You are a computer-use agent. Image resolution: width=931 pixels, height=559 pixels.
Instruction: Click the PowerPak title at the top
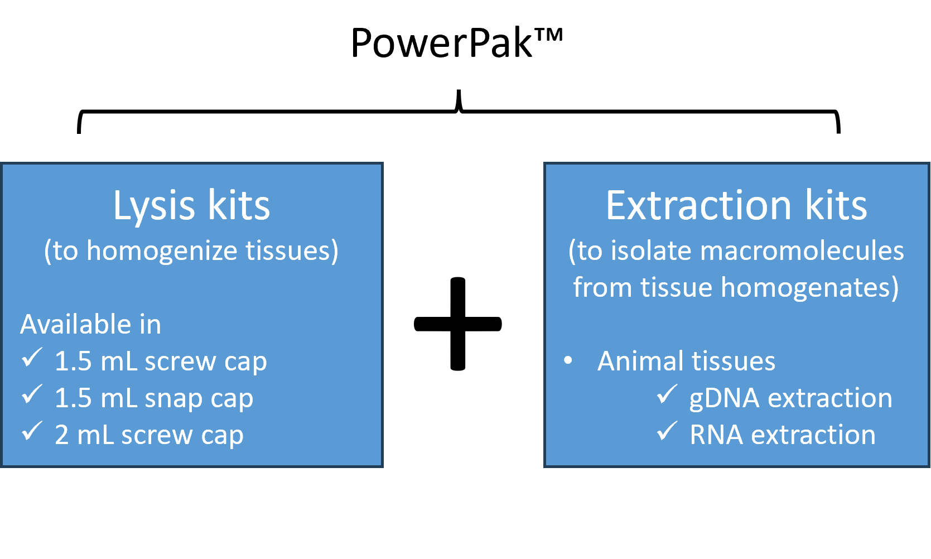point(457,42)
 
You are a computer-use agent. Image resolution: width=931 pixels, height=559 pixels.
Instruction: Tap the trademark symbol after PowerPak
point(548,35)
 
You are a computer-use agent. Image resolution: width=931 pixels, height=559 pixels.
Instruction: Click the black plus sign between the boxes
point(457,324)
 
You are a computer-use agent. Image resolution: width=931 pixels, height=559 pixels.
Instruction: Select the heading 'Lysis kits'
point(191,206)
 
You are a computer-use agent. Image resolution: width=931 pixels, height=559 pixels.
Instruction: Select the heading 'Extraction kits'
point(736,205)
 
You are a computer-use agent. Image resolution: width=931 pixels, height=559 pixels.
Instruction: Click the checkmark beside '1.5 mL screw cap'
point(32,357)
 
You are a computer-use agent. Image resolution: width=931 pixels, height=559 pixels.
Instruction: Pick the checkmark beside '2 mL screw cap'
point(32,431)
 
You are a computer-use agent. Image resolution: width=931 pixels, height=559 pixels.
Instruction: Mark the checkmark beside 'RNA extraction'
point(667,431)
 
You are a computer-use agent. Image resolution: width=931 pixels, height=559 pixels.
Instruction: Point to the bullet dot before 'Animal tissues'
point(568,360)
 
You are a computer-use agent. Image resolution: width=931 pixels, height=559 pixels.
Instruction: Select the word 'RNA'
point(717,435)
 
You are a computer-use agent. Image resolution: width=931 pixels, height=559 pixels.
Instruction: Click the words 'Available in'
point(90,324)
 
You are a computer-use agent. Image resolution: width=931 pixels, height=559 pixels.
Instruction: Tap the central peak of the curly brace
point(459,90)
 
